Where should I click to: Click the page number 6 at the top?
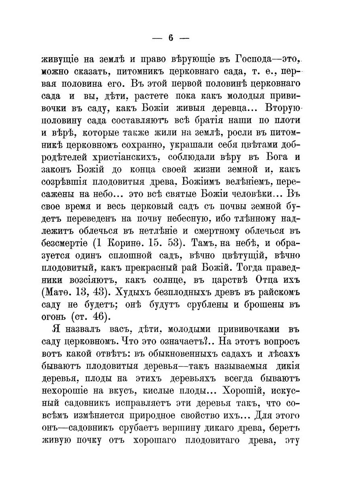[x=170, y=38]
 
